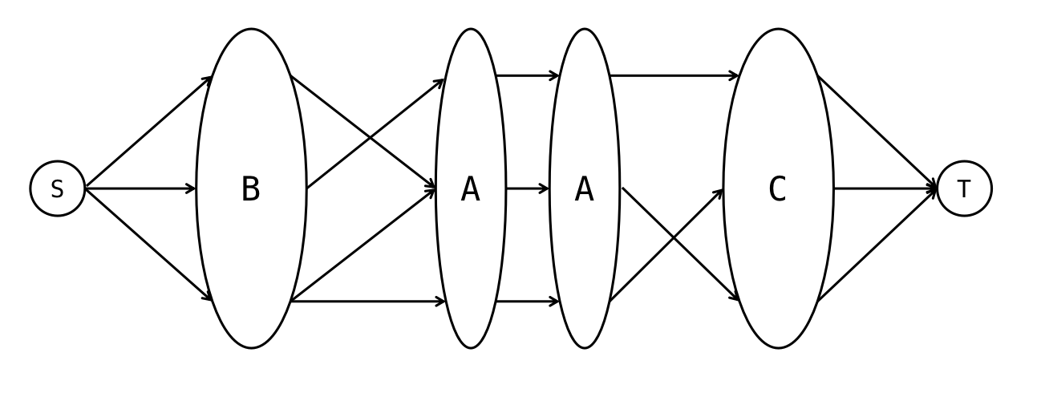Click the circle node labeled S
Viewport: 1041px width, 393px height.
click(57, 189)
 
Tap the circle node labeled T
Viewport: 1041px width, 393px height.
click(965, 189)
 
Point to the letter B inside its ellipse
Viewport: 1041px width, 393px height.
click(251, 189)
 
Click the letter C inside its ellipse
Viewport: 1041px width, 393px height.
click(777, 189)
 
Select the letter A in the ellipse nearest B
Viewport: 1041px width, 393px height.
click(471, 189)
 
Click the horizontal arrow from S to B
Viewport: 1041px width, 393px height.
click(140, 189)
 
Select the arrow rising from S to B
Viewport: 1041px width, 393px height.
click(148, 133)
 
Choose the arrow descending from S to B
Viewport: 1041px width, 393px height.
click(148, 245)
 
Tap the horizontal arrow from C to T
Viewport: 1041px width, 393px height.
click(882, 189)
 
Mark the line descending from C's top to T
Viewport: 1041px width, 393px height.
click(874, 132)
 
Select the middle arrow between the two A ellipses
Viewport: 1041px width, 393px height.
click(527, 189)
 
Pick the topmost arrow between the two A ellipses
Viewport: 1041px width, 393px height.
click(527, 76)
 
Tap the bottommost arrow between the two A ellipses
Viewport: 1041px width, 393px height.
click(527, 302)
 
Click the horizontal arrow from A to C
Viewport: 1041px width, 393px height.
click(674, 76)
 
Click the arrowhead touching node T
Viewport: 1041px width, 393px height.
click(931, 189)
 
